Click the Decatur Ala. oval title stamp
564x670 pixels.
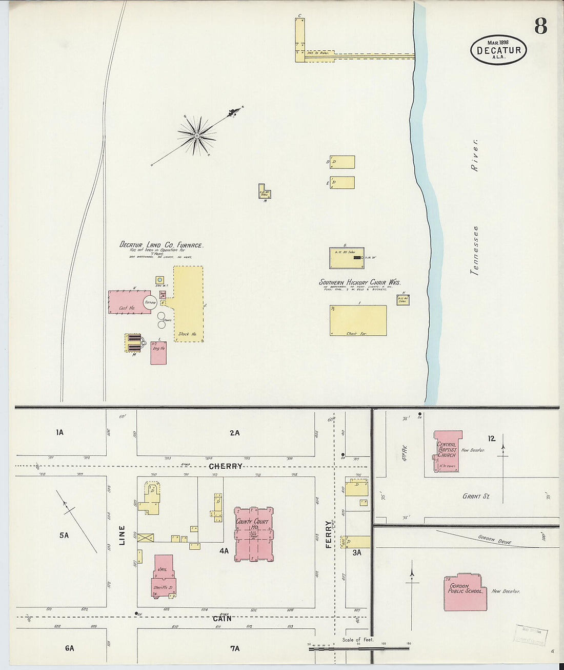tap(498, 50)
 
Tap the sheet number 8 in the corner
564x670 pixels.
tap(540, 25)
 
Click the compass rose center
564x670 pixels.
tap(196, 136)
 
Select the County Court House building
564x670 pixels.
tap(253, 534)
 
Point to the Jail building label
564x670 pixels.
tap(163, 569)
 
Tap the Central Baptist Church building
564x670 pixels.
tap(447, 451)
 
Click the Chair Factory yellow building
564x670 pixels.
tap(358, 320)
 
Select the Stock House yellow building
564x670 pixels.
tap(188, 304)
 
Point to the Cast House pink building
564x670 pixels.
tap(127, 302)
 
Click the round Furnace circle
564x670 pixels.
tap(150, 302)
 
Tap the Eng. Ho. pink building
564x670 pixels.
tap(158, 352)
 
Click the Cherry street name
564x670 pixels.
tap(226, 466)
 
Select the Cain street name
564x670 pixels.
tap(222, 618)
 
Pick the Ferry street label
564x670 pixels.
tap(329, 534)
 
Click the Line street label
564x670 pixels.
tap(122, 535)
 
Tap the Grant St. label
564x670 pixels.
tap(472, 496)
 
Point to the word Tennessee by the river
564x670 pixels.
tap(475, 251)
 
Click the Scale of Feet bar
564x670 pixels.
tap(359, 648)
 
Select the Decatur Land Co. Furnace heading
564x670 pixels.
tap(162, 245)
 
